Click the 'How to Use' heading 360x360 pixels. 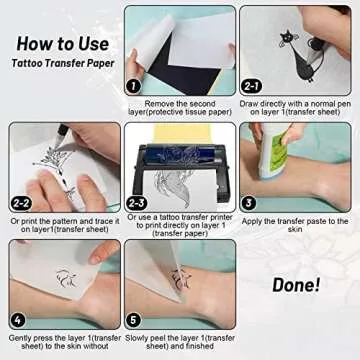pyautogui.click(x=62, y=45)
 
